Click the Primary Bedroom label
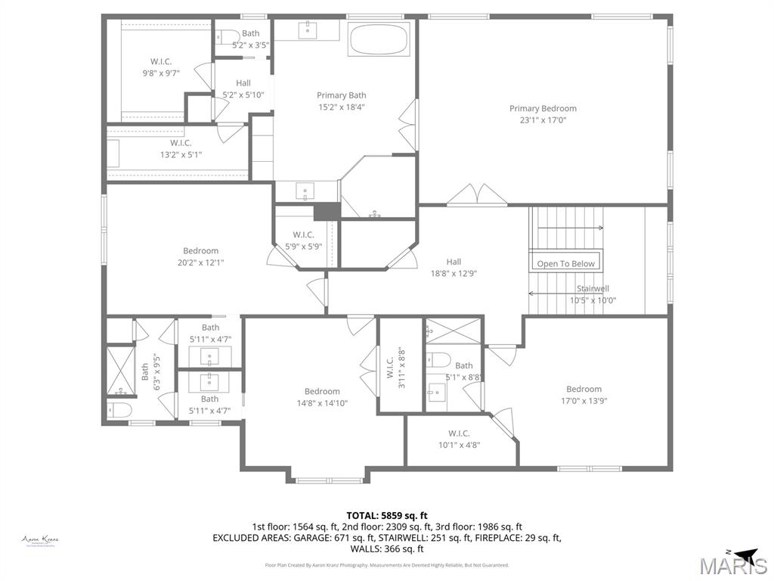tap(543, 109)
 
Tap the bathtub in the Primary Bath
tap(379, 38)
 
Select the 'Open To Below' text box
tap(566, 263)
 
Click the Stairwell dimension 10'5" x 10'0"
tap(593, 300)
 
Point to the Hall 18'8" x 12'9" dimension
tap(454, 274)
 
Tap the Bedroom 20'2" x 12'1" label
tap(200, 250)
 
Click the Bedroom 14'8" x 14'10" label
tap(322, 391)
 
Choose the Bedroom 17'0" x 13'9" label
tap(584, 389)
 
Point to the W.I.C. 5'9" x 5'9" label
tap(303, 235)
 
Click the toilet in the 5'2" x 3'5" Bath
tap(228, 35)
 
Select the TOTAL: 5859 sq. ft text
tap(386, 514)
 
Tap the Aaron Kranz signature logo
tap(40, 540)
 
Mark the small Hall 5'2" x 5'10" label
tap(243, 83)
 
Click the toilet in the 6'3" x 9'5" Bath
tap(119, 410)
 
